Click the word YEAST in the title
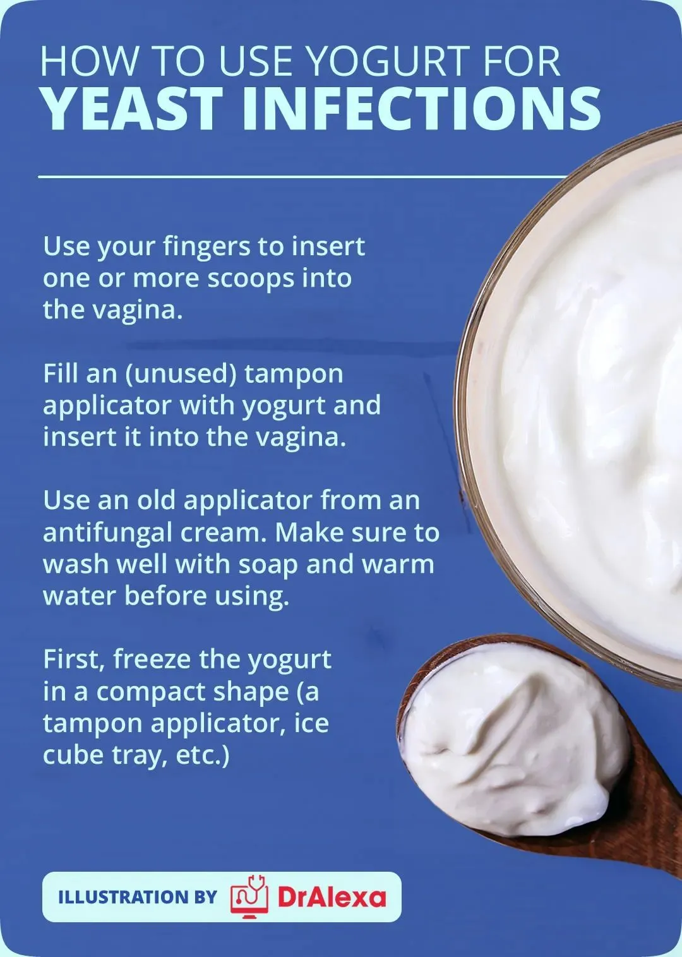(133, 109)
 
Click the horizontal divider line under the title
(302, 176)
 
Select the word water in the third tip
(80, 597)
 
